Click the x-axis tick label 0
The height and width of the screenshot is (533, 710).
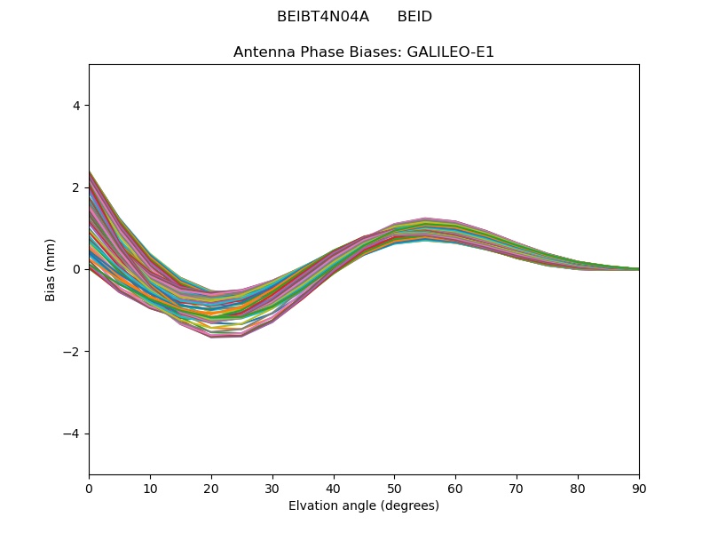pos(89,488)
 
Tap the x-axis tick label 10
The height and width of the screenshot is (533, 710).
pos(150,488)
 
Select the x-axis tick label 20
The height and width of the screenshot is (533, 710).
pos(211,488)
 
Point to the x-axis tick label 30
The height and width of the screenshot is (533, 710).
pos(272,488)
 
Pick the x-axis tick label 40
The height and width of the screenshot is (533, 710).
pos(334,488)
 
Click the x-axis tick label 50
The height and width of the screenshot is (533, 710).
pos(394,488)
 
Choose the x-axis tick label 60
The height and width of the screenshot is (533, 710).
pos(455,488)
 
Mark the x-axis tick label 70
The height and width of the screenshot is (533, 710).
pos(517,488)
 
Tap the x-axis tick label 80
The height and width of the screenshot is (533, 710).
pos(578,488)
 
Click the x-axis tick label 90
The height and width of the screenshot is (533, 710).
pos(639,488)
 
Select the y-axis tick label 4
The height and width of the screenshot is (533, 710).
pos(76,106)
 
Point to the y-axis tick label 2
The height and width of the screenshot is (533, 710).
pos(76,187)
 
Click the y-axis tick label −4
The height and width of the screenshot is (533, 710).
pos(72,434)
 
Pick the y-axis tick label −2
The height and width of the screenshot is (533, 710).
pos(72,352)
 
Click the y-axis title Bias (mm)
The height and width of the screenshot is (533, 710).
pos(51,269)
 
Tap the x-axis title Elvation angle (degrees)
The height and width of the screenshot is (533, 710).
pos(364,505)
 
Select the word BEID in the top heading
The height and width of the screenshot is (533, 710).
pos(414,17)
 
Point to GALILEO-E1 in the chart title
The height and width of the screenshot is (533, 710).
pos(450,52)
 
